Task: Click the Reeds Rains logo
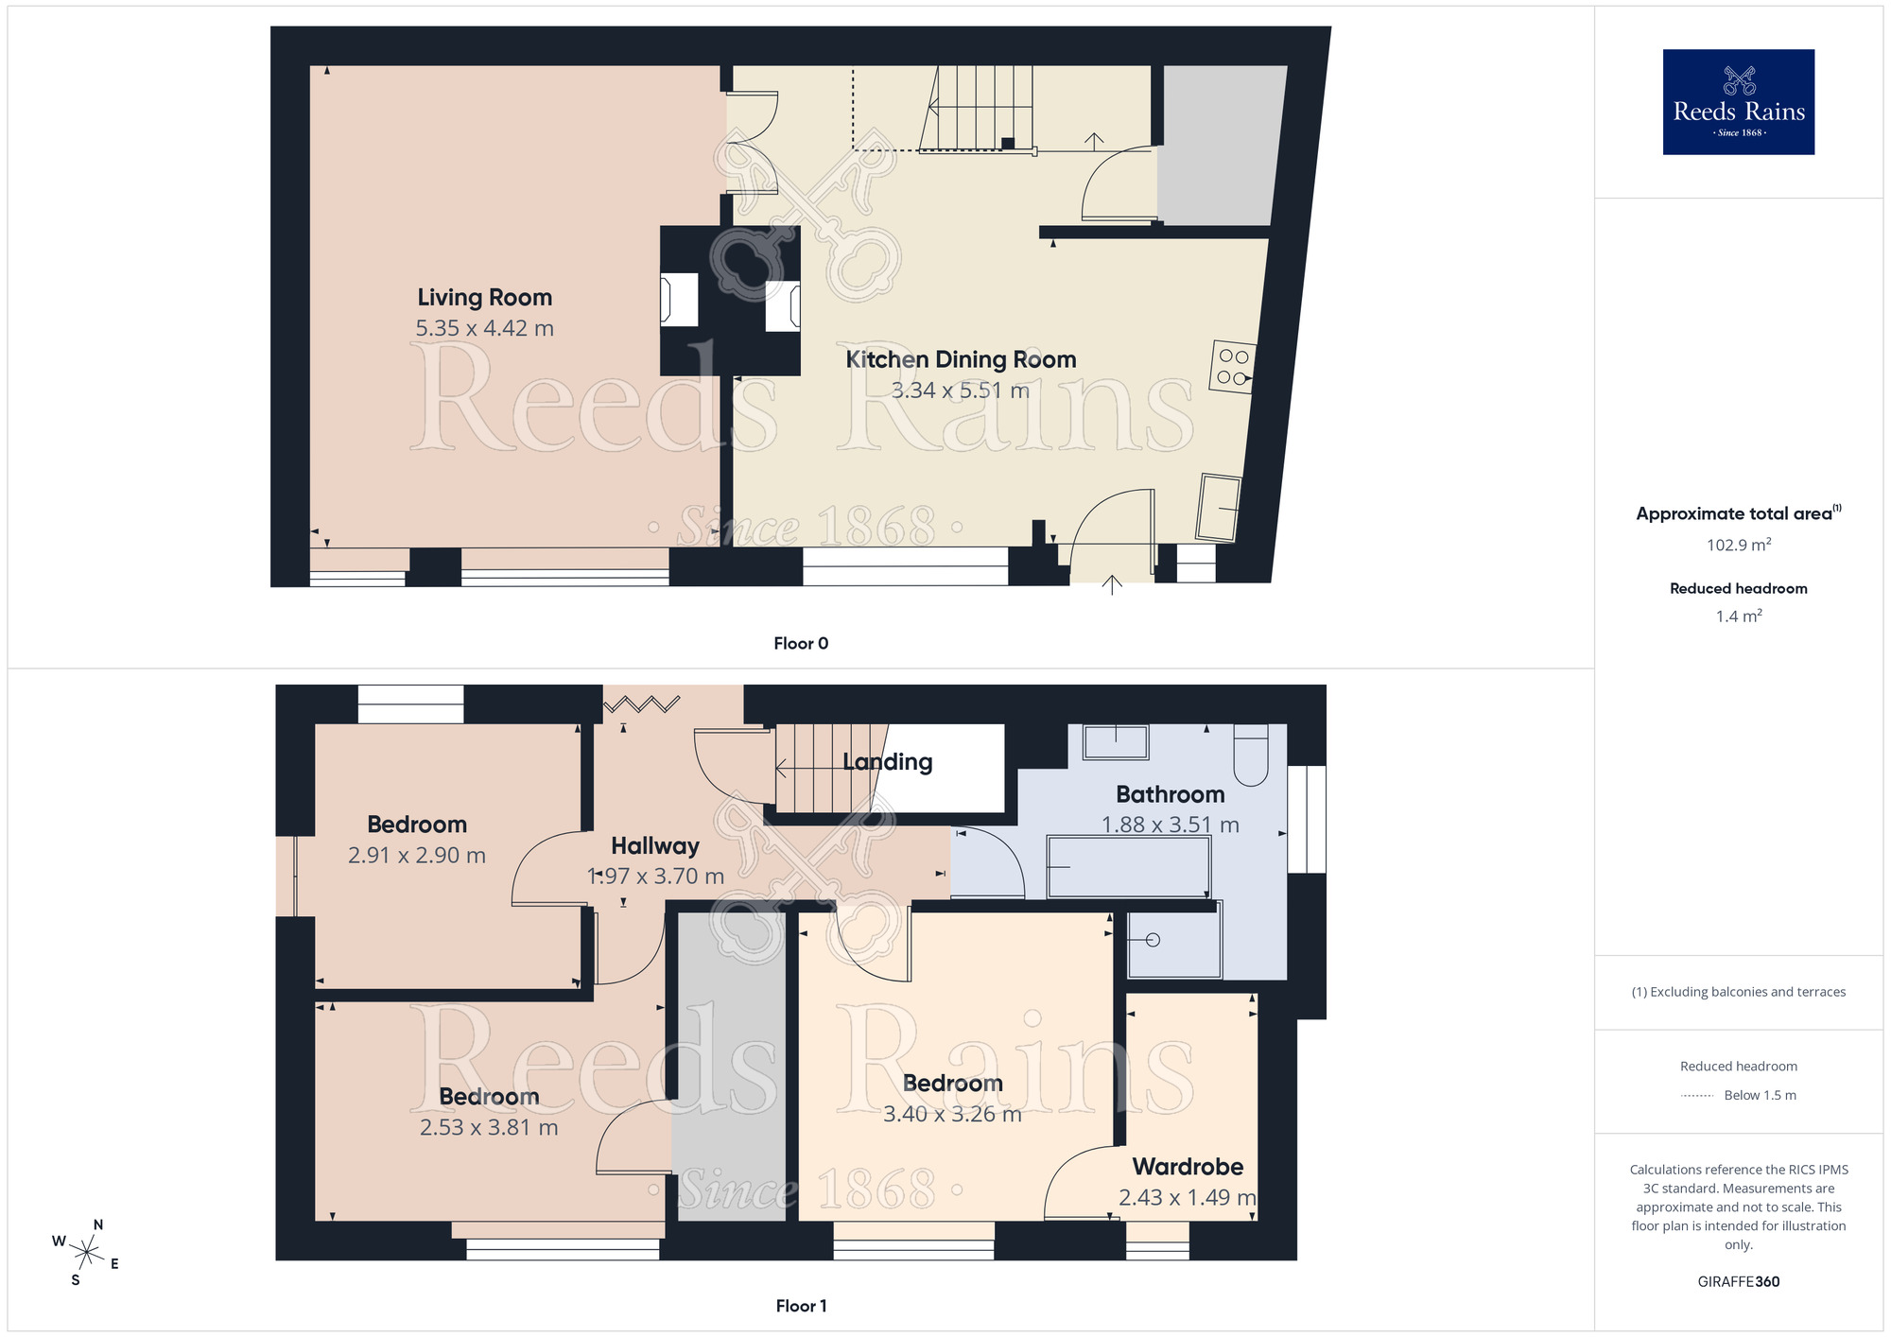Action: click(x=1738, y=102)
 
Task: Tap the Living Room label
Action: click(x=484, y=298)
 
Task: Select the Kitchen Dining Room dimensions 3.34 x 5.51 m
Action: click(x=960, y=391)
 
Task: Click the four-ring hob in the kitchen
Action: click(x=1232, y=367)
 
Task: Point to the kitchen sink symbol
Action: click(x=1218, y=508)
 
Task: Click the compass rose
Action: click(x=86, y=1254)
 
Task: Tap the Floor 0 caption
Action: click(x=800, y=644)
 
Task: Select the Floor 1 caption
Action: click(x=800, y=1306)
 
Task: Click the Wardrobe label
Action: click(x=1188, y=1167)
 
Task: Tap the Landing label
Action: click(x=887, y=762)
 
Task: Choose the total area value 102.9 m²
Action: click(x=1738, y=546)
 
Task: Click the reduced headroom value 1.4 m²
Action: click(x=1738, y=616)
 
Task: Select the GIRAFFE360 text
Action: click(x=1738, y=1282)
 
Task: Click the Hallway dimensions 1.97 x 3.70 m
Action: click(x=655, y=877)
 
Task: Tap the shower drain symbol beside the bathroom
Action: click(x=1152, y=940)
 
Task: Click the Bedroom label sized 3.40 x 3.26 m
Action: click(x=952, y=1084)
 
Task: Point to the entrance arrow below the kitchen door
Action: click(x=1112, y=585)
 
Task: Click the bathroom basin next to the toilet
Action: click(x=1116, y=741)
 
